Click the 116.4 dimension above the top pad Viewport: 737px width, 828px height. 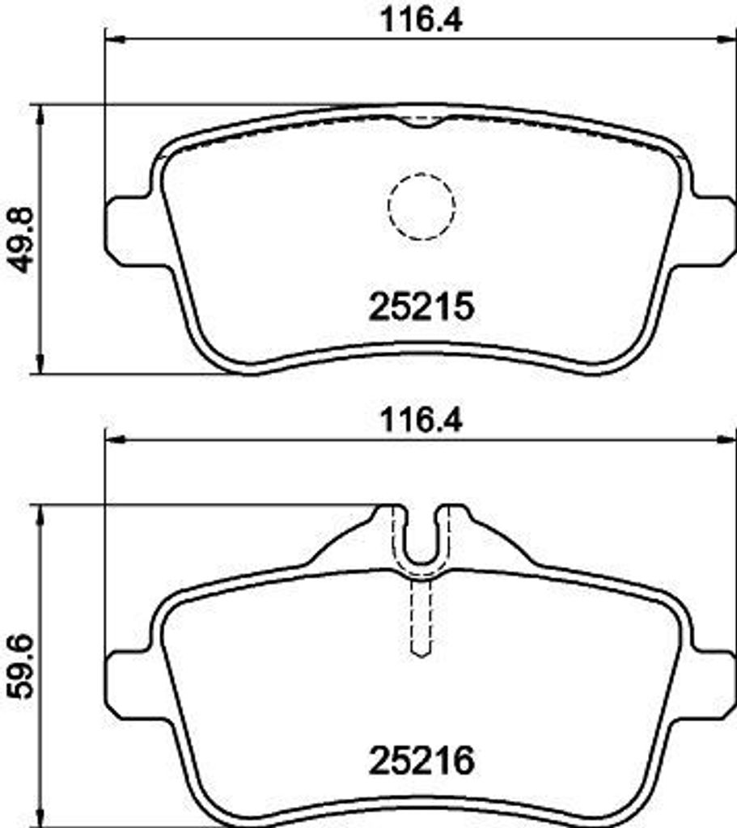click(421, 20)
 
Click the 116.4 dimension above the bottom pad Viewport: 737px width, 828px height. click(421, 420)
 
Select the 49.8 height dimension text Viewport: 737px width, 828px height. click(21, 239)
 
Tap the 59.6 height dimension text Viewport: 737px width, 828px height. click(21, 667)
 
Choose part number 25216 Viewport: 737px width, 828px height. click(421, 761)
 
